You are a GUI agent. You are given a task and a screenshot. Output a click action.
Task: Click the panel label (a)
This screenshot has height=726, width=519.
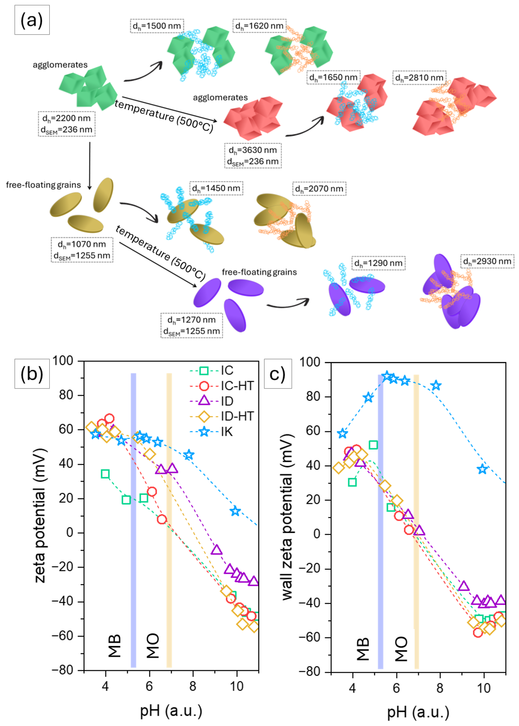pyautogui.click(x=32, y=20)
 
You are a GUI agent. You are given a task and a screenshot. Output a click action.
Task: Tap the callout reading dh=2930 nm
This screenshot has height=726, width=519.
pyautogui.click(x=487, y=261)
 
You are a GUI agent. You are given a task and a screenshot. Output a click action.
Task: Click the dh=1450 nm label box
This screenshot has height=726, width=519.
pyautogui.click(x=216, y=188)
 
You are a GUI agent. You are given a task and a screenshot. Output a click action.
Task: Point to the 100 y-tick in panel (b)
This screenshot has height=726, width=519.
pyautogui.click(x=63, y=361)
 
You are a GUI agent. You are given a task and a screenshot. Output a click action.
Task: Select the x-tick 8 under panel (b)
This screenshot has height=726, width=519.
pyautogui.click(x=193, y=686)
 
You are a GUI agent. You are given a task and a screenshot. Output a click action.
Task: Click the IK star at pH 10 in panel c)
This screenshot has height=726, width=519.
pyautogui.click(x=483, y=469)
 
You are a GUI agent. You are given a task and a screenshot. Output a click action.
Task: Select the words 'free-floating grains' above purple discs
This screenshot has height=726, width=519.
pyautogui.click(x=259, y=272)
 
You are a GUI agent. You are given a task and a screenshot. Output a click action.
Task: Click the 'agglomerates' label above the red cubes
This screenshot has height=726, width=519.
pyautogui.click(x=220, y=97)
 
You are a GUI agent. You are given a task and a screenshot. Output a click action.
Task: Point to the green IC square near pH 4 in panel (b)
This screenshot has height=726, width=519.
pyautogui.click(x=105, y=474)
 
